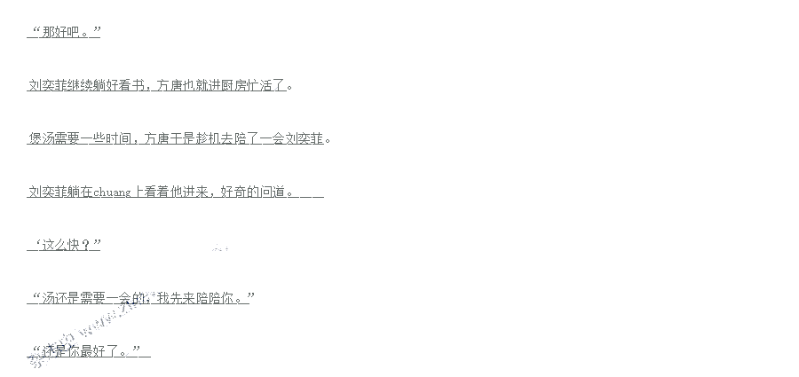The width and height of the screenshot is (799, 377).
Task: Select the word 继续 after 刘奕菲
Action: (82, 86)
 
